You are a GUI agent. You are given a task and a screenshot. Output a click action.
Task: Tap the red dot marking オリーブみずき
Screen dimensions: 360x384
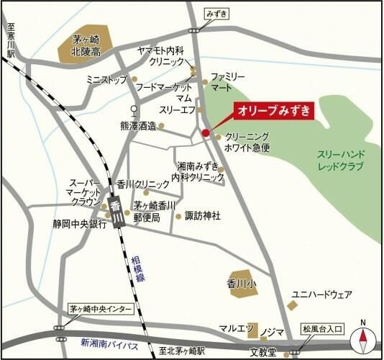tap(206, 132)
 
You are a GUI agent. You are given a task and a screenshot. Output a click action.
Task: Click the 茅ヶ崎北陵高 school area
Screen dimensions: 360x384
tap(83, 48)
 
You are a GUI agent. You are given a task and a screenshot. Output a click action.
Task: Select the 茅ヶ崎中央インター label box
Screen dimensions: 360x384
tap(101, 308)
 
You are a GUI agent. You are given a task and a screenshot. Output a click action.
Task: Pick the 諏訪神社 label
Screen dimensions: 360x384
tap(202, 215)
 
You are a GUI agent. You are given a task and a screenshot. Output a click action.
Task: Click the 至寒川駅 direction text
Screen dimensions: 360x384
tap(11, 42)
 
